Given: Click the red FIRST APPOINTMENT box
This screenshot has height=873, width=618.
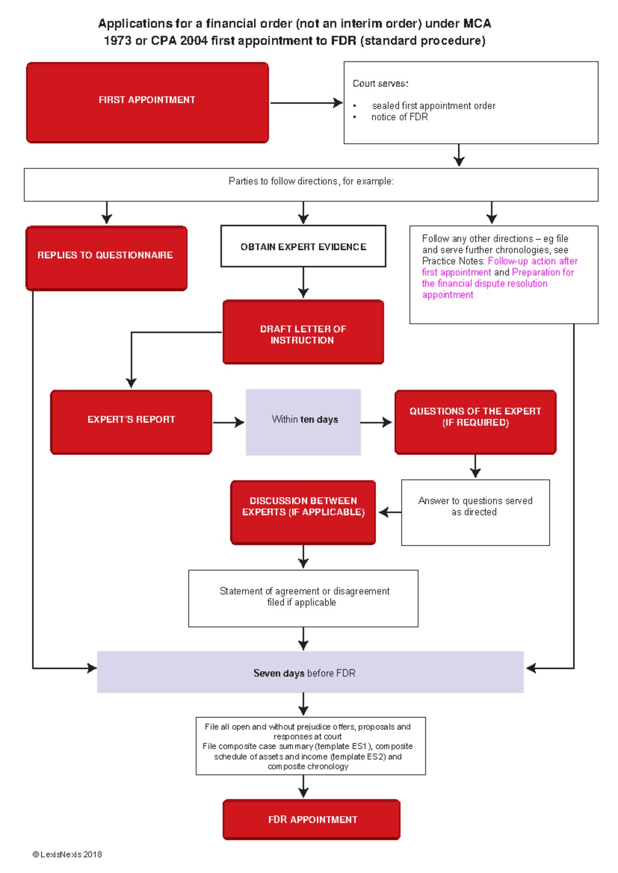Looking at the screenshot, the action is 147,102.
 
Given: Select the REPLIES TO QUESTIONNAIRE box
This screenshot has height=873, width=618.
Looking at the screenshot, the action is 107,258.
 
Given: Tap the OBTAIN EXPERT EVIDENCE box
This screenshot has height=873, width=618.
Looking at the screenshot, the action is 303,246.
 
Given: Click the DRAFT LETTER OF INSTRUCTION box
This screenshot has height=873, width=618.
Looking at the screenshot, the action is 303,332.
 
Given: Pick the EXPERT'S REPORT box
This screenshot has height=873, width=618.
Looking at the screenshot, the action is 131,422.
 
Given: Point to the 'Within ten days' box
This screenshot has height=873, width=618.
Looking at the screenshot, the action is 303,422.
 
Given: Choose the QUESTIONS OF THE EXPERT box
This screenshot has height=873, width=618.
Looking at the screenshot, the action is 475,422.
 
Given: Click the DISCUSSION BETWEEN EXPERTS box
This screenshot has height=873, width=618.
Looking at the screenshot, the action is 303,512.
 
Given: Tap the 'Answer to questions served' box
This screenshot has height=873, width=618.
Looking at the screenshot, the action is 475,513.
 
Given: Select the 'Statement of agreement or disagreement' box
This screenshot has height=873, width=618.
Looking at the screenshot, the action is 303,599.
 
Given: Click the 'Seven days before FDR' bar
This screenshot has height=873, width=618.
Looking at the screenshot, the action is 311,672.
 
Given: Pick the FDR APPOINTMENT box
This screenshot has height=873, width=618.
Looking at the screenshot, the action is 312,819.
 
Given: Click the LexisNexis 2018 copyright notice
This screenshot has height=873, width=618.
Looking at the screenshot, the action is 67,854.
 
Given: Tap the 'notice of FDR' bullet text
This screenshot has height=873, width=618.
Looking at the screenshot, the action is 399,117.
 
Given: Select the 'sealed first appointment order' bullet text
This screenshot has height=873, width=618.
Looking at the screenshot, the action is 434,106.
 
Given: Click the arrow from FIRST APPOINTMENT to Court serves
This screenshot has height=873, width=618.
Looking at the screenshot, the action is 306,103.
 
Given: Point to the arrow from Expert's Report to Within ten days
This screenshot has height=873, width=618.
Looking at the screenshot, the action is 229,422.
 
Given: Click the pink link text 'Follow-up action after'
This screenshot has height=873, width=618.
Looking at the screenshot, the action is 533,261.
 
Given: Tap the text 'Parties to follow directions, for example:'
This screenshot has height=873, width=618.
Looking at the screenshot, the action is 311,181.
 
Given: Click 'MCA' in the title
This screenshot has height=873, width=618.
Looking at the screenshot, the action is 477,24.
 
